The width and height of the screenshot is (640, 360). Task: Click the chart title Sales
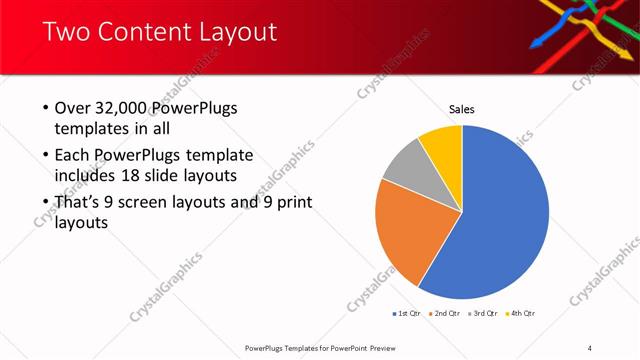tap(461, 109)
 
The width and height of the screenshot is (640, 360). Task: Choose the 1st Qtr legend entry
tap(408, 314)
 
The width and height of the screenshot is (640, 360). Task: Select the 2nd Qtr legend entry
tap(445, 314)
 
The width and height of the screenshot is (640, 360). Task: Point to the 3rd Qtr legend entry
tap(482, 314)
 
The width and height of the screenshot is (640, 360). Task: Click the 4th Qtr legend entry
tap(520, 314)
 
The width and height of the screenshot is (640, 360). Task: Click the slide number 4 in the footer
tap(590, 348)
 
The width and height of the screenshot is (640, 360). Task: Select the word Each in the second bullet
tap(72, 156)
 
